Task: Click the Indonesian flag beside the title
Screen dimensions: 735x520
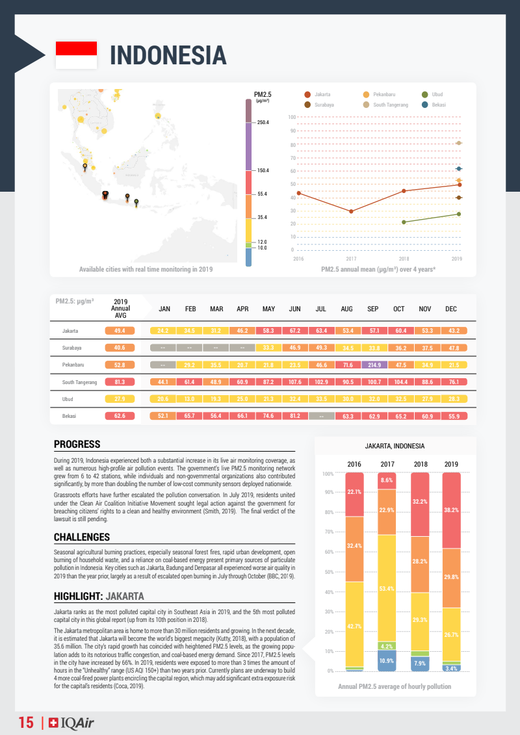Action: point(76,55)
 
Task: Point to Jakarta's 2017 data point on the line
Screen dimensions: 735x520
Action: point(351,211)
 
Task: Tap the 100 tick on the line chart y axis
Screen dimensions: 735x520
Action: point(292,117)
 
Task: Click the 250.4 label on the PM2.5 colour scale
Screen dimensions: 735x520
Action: point(263,122)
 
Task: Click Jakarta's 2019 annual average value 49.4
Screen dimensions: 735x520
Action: point(120,331)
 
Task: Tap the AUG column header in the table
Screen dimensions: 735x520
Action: point(347,309)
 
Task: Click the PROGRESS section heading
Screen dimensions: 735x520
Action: point(77,445)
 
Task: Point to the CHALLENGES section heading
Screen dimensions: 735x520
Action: point(81,537)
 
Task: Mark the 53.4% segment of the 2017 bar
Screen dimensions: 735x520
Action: point(387,589)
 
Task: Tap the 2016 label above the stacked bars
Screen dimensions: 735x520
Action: point(354,464)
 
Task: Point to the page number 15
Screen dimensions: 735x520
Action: point(26,723)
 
